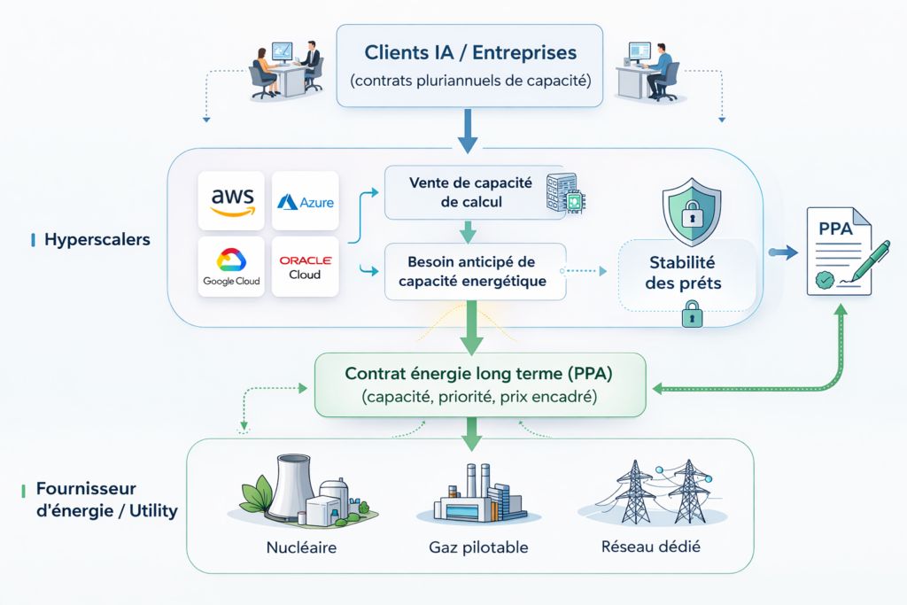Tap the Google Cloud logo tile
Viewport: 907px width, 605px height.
tap(231, 267)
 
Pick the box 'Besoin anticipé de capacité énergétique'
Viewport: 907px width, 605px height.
tap(472, 271)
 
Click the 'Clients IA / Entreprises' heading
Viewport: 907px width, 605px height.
tap(469, 53)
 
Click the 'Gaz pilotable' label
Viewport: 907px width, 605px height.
tap(478, 547)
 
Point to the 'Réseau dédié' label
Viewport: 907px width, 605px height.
tap(651, 547)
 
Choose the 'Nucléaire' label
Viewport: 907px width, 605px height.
tap(301, 547)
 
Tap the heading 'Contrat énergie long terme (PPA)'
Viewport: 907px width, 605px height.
tap(480, 374)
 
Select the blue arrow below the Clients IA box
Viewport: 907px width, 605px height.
tap(469, 129)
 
